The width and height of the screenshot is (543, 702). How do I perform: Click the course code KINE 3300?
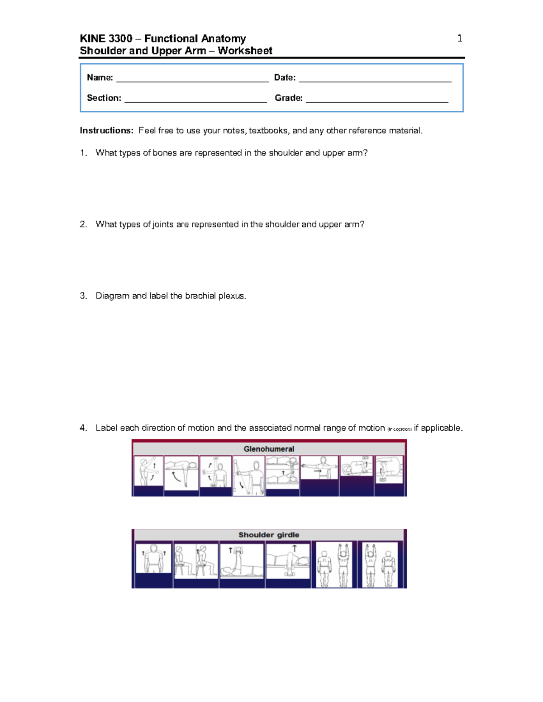tap(106, 38)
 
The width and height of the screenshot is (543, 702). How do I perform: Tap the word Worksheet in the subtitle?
tap(245, 51)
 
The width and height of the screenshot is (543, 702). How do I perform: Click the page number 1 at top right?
tap(460, 38)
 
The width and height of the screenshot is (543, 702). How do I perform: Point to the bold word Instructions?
tap(106, 131)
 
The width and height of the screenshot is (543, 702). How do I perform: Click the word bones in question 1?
tap(165, 153)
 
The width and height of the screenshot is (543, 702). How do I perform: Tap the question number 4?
tap(83, 428)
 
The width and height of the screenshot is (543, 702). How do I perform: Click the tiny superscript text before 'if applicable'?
tap(399, 429)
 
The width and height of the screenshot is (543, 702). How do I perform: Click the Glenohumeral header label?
tap(269, 449)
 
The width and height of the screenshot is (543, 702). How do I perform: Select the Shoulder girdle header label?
tap(269, 535)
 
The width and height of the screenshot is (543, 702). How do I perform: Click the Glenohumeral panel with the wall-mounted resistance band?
tap(248, 476)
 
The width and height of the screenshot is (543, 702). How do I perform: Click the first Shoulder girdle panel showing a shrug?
tap(154, 558)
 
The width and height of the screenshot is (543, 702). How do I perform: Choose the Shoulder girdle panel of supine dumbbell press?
tap(242, 561)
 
